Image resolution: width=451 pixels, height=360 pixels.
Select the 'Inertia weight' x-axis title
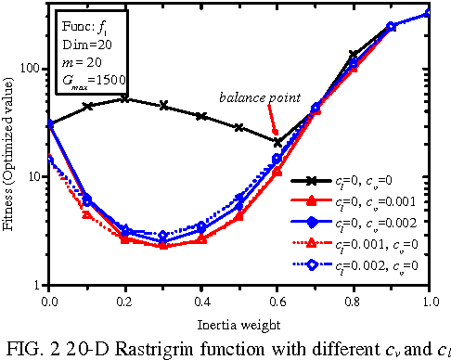[238, 319]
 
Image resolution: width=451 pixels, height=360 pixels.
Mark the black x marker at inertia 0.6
[277, 142]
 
